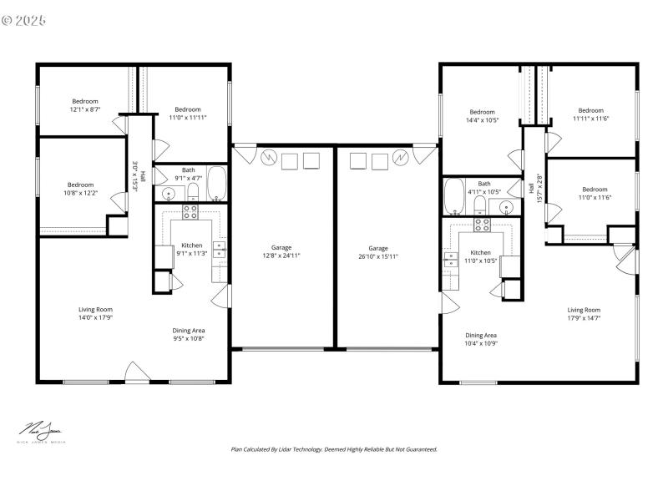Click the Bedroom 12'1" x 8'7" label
click(x=84, y=105)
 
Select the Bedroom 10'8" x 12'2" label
click(x=81, y=189)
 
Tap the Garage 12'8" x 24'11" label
click(x=281, y=251)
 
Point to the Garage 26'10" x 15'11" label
click(x=378, y=252)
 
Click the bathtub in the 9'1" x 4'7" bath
click(x=216, y=184)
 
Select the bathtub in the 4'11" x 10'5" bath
click(x=454, y=198)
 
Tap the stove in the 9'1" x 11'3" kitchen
click(x=190, y=212)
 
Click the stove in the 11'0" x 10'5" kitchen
click(x=483, y=223)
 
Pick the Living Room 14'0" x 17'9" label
click(x=96, y=314)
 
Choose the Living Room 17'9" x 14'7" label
click(x=584, y=314)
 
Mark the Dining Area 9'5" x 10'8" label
click(x=189, y=334)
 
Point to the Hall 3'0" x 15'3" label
click(x=139, y=176)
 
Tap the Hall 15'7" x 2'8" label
click(x=535, y=189)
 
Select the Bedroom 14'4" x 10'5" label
click(x=482, y=116)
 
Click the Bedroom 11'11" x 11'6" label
click(x=591, y=114)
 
